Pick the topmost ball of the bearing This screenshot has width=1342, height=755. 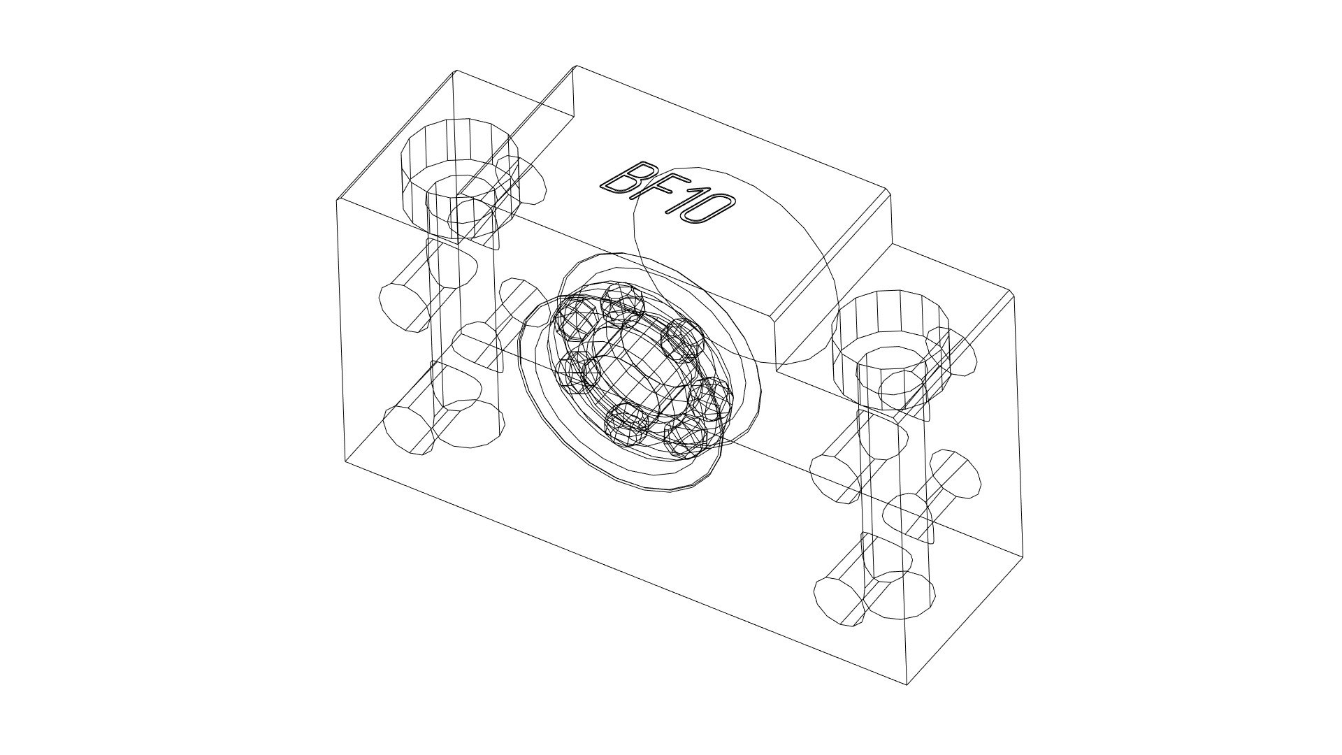coord(624,303)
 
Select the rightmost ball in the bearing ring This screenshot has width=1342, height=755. coord(711,399)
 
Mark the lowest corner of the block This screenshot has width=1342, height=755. coord(907,684)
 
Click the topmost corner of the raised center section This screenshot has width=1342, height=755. coord(576,66)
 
